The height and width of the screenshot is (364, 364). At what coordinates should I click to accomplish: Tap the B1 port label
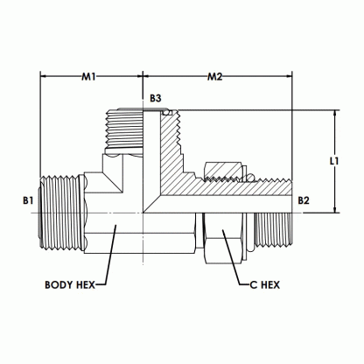[x=28, y=200]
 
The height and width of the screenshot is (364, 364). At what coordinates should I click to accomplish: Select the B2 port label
[x=304, y=200]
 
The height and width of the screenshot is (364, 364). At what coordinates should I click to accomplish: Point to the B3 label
[x=155, y=100]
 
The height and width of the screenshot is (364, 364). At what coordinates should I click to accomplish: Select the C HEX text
[x=267, y=284]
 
